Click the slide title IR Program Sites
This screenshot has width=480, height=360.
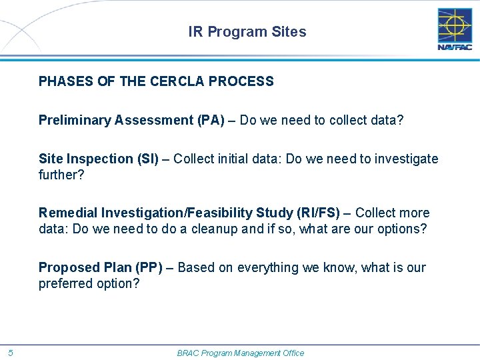[x=247, y=32]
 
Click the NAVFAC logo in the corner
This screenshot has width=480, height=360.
[x=455, y=29]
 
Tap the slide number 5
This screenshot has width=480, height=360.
[x=11, y=353]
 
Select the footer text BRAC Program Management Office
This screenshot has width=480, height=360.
[x=240, y=353]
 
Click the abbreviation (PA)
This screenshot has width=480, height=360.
[x=211, y=121]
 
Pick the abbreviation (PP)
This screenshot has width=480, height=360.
[x=149, y=267]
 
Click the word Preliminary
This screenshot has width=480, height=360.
[x=75, y=121]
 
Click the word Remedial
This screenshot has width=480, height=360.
[x=68, y=213]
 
